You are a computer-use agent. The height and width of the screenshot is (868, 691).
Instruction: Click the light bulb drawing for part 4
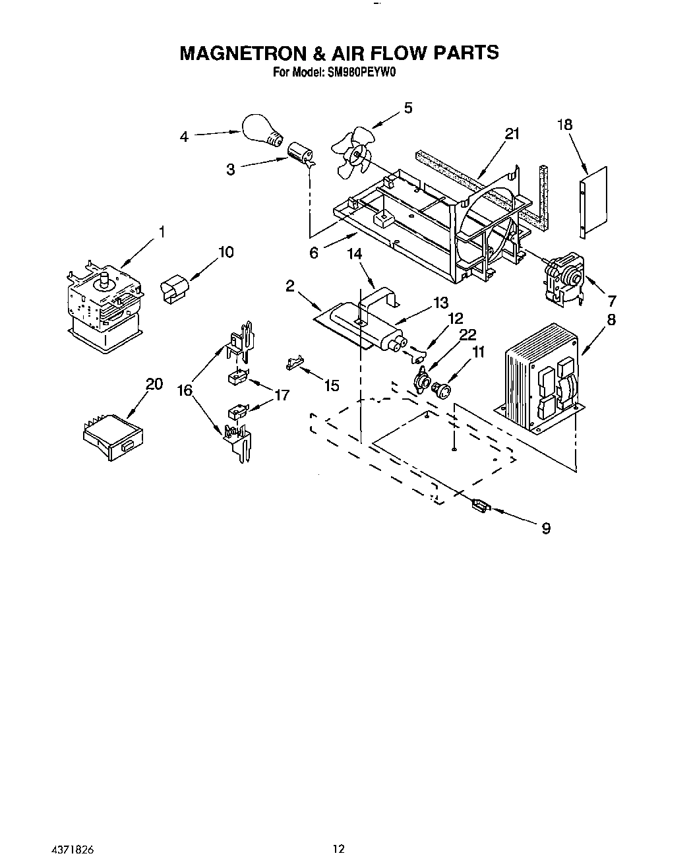pyautogui.click(x=262, y=131)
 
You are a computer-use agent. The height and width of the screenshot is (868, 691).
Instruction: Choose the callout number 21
pyautogui.click(x=512, y=134)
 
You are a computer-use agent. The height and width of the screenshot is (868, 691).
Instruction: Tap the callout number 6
pyautogui.click(x=314, y=253)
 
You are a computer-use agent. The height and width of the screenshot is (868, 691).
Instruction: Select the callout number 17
pyautogui.click(x=282, y=396)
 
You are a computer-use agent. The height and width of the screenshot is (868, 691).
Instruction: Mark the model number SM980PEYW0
pyautogui.click(x=360, y=74)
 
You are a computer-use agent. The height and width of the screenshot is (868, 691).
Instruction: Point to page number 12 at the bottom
pyautogui.click(x=338, y=849)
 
